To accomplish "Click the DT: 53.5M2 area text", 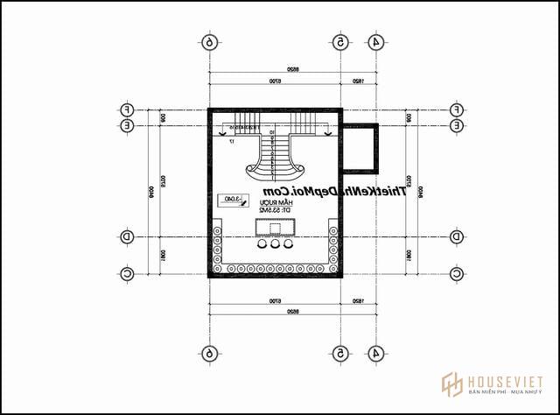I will pos(275,210).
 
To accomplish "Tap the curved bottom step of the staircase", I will pos(278,169).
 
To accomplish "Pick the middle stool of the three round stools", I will pos(277,247).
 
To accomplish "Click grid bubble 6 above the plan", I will pos(208,41).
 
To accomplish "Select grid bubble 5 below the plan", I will pos(341,353).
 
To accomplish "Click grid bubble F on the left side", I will pos(127,109).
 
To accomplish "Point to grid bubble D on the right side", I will pos(456,236).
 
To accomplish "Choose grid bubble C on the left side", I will pos(127,274).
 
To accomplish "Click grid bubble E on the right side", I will pos(456,125).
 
